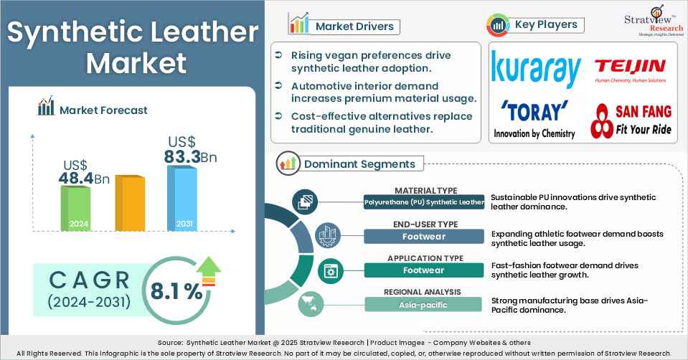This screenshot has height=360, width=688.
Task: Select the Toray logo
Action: pos(534,118)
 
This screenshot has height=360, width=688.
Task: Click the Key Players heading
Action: pos(546,25)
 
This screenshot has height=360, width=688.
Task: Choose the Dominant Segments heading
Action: pos(359,164)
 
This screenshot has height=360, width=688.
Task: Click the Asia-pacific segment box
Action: pos(423,304)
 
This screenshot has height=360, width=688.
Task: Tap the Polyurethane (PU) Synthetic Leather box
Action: pos(423,203)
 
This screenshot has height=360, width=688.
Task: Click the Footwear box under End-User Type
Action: pos(423,236)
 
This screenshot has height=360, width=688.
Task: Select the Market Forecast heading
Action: pos(103,110)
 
